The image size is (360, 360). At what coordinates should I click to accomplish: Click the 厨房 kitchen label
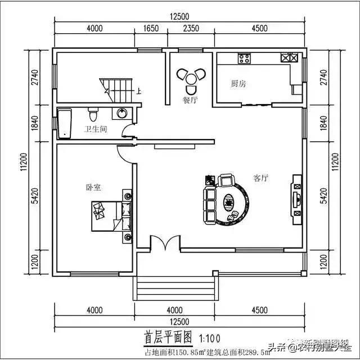point(238,84)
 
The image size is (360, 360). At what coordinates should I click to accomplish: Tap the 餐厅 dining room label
point(190,100)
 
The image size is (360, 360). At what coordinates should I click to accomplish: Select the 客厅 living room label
point(260,178)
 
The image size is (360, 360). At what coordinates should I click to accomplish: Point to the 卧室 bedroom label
point(93,187)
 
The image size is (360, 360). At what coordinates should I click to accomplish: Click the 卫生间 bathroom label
point(96,129)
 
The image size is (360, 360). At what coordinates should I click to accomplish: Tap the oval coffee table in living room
point(229,200)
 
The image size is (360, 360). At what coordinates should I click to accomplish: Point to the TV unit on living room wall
point(296,196)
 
